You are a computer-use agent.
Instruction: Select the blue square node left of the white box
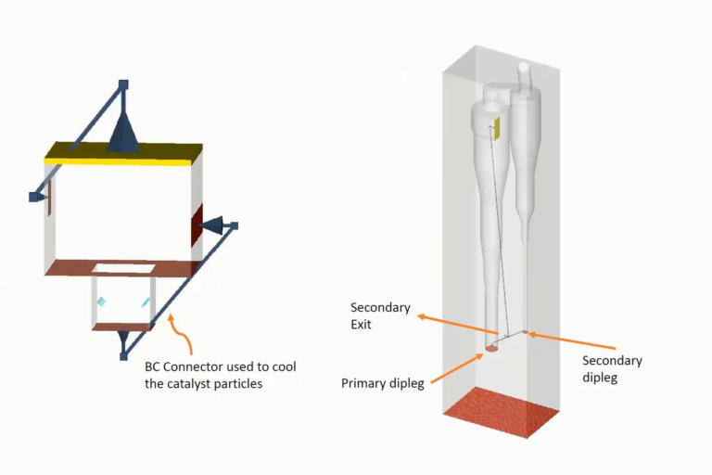[35, 197]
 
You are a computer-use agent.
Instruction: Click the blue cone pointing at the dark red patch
[213, 225]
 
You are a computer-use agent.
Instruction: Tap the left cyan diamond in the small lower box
[102, 302]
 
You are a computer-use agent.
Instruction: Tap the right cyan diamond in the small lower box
[146, 302]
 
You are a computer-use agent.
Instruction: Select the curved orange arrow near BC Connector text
[181, 334]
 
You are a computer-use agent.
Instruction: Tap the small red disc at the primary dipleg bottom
[491, 350]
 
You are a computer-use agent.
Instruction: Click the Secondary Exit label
[376, 315]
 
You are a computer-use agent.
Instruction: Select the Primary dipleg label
[383, 383]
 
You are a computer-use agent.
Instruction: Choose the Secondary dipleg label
[612, 369]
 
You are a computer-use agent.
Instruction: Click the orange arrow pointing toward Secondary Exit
[459, 326]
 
